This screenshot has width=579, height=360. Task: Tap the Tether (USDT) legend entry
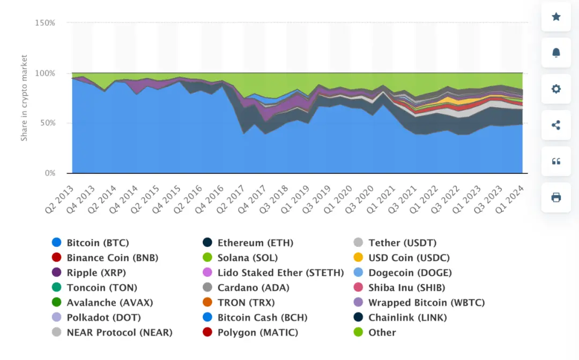pos(402,243)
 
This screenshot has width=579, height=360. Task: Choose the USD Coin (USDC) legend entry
pos(409,258)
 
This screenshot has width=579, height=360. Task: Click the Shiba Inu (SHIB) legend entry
pos(406,288)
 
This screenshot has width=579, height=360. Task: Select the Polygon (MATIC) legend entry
pos(257,333)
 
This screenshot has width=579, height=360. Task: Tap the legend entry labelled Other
pos(382,333)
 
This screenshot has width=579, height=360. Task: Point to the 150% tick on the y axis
pos(45,23)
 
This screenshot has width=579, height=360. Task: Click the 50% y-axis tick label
pos(47,123)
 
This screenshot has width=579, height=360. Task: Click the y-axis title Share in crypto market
pos(24,98)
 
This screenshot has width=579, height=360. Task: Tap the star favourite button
pos(556,17)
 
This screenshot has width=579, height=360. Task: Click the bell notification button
pos(556,53)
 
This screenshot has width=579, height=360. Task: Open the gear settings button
pos(556,89)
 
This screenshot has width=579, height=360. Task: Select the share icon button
pos(556,125)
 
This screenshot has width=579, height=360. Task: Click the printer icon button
pos(556,197)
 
